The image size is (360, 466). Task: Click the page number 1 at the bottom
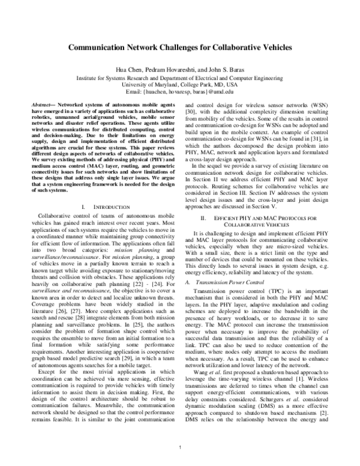[180, 448]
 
